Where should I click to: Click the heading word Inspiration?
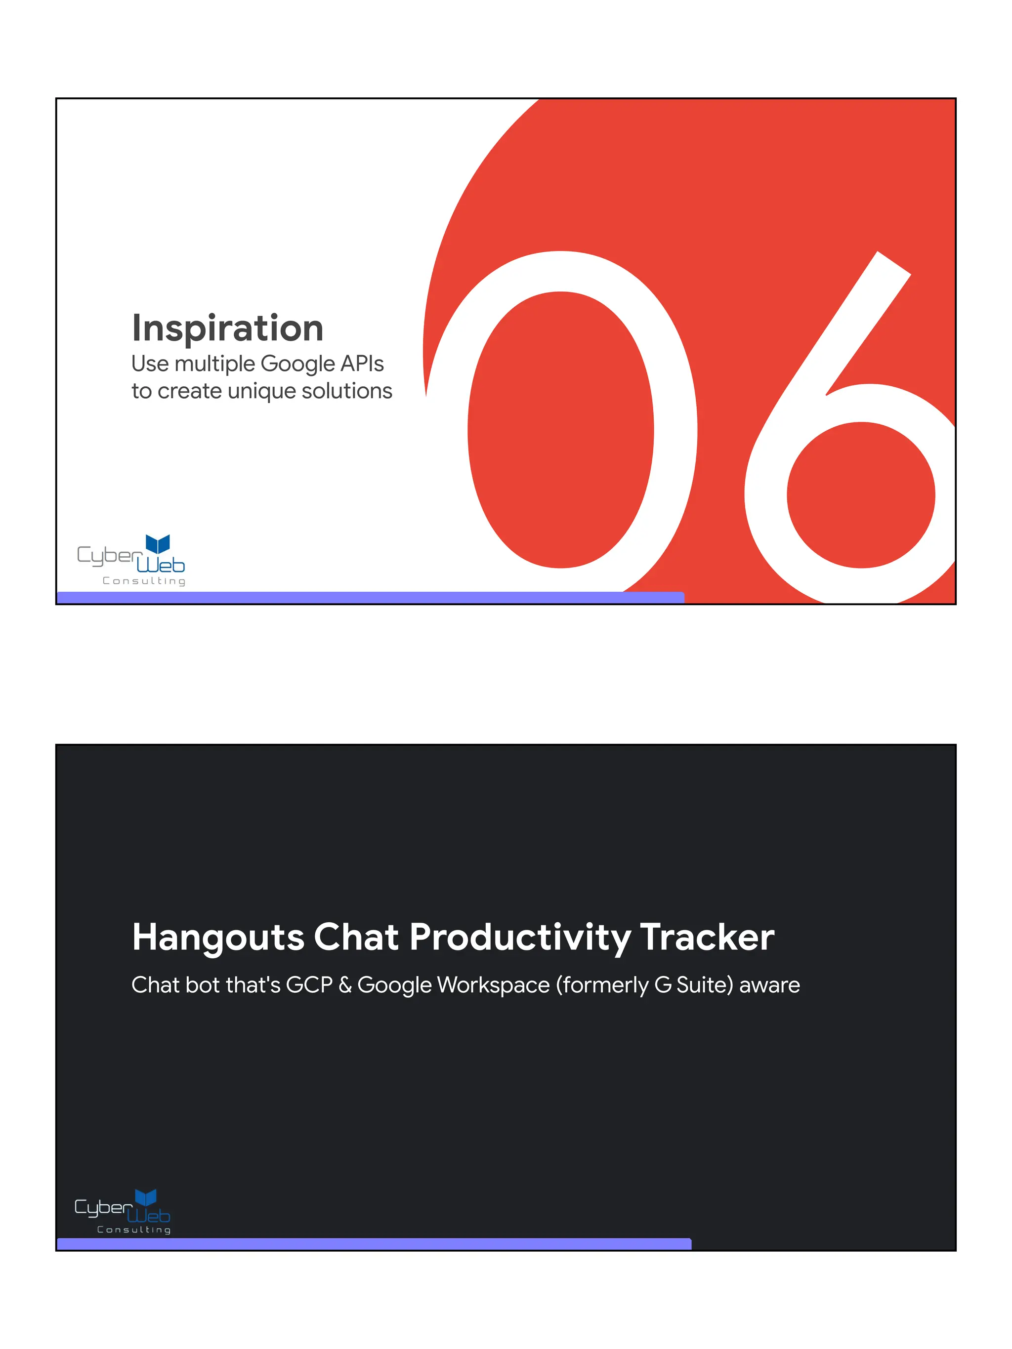227,328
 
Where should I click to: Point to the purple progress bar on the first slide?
370,597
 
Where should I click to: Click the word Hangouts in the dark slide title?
218,938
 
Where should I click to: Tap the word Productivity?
520,938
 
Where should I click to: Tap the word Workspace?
493,985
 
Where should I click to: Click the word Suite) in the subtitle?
704,985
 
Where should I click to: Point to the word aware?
769,985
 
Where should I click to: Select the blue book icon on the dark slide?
146,1197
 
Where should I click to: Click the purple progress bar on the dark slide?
374,1243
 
